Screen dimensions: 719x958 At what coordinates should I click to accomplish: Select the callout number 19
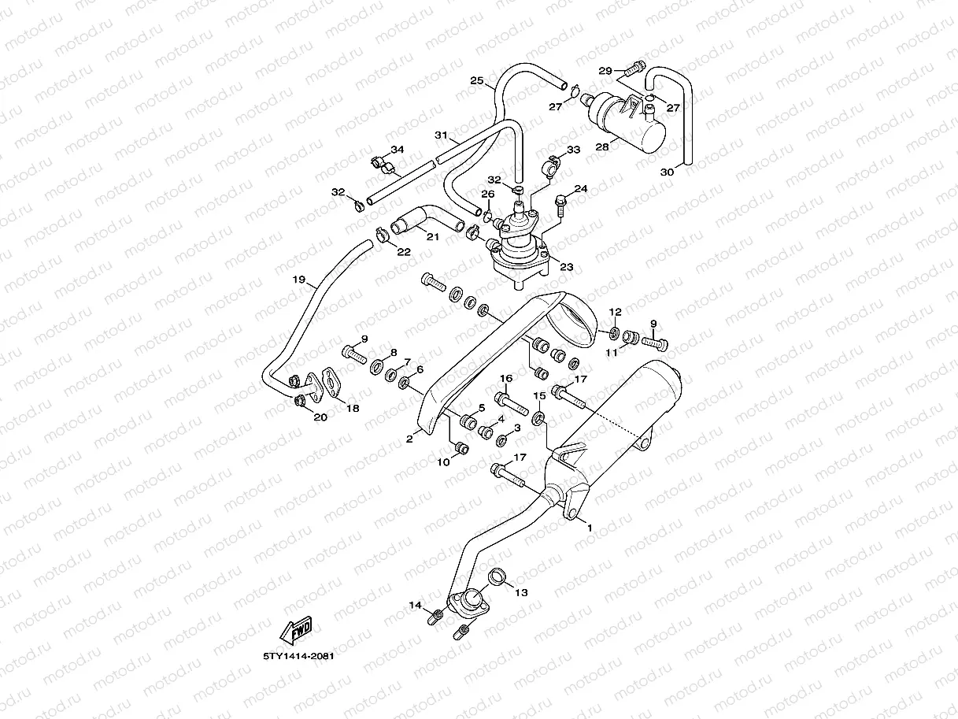click(x=298, y=280)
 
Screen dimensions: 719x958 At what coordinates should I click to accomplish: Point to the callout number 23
click(x=566, y=266)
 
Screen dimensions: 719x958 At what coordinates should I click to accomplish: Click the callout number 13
click(x=521, y=591)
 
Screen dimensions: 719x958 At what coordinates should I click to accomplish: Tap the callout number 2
click(x=409, y=439)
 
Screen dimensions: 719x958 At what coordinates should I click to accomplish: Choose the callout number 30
click(x=668, y=172)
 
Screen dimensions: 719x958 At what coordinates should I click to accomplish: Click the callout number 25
click(x=476, y=81)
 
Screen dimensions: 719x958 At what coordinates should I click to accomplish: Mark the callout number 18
click(x=352, y=408)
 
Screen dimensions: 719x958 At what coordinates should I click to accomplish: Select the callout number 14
click(x=415, y=604)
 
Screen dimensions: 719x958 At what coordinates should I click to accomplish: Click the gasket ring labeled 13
click(x=497, y=576)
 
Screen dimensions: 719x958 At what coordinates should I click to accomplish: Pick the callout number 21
click(x=432, y=236)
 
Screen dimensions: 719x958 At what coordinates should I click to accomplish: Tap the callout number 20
click(x=320, y=417)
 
